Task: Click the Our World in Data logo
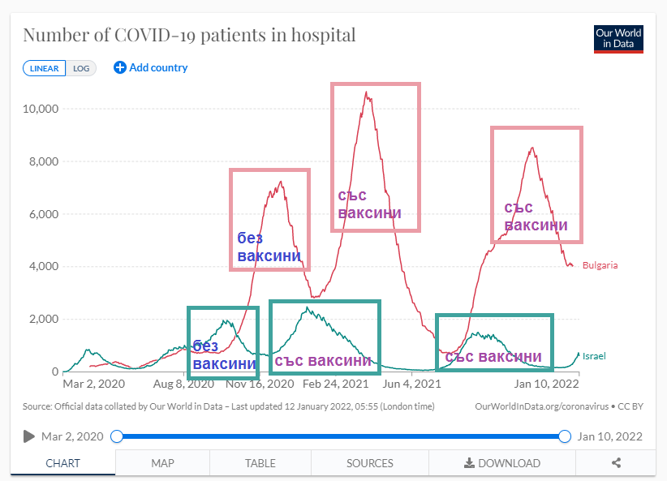point(618,38)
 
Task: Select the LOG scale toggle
point(81,68)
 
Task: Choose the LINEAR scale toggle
point(45,68)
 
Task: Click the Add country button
point(151,67)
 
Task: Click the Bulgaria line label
point(600,265)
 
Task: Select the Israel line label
point(594,356)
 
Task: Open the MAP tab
point(162,463)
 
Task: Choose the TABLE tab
point(260,463)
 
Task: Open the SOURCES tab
point(369,463)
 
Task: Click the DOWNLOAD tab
point(501,463)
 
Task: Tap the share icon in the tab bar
point(617,463)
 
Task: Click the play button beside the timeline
point(29,436)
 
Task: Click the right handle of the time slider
point(565,436)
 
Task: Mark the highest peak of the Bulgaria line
point(367,92)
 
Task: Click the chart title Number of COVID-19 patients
point(188,36)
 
